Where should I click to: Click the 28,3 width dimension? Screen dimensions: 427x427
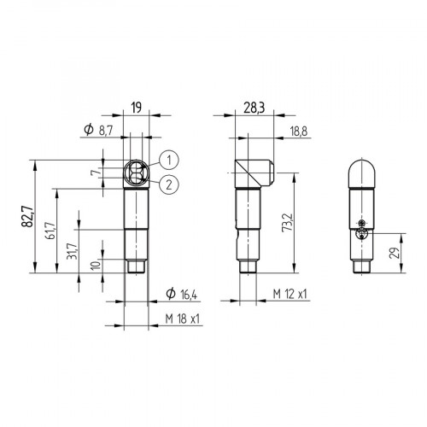coord(252,108)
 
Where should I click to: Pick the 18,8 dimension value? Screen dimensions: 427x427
coord(300,131)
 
